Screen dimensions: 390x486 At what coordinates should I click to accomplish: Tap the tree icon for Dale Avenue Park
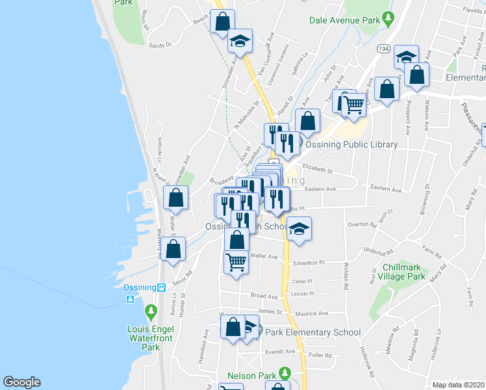(x=389, y=17)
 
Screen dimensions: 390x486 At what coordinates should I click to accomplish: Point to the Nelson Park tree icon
(x=284, y=373)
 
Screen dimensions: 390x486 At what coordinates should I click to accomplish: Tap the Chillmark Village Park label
(x=404, y=272)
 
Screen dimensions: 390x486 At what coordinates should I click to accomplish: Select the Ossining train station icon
(x=161, y=287)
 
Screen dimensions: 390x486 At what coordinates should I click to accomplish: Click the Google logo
(x=21, y=382)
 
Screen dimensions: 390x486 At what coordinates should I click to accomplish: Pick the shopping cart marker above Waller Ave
(x=236, y=262)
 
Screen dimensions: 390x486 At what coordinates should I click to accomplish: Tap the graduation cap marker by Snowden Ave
(x=240, y=42)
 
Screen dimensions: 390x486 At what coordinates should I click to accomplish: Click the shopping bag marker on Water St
(x=175, y=198)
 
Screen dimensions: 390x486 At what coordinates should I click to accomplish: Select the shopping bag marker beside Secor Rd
(x=173, y=250)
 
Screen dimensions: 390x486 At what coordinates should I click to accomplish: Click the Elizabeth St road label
(x=317, y=172)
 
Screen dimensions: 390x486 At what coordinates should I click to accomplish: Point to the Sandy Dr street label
(x=159, y=45)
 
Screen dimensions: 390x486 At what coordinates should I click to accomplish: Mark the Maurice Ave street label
(x=311, y=313)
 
